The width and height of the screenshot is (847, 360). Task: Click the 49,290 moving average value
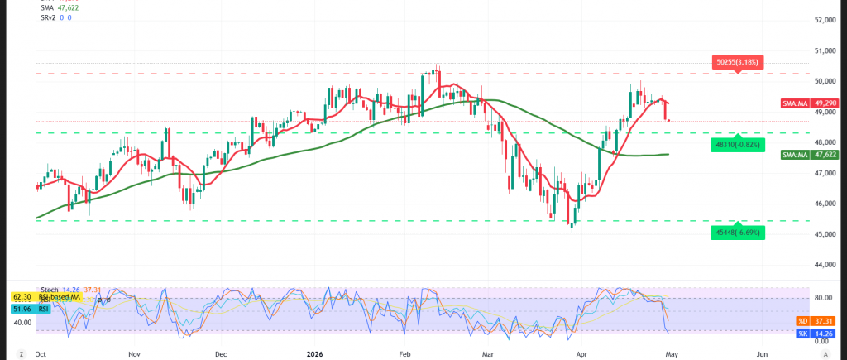pos(827,104)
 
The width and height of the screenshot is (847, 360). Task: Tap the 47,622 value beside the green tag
pos(827,155)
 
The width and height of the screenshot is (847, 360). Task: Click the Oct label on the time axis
pos(41,353)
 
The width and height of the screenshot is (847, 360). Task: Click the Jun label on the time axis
pos(763,353)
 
